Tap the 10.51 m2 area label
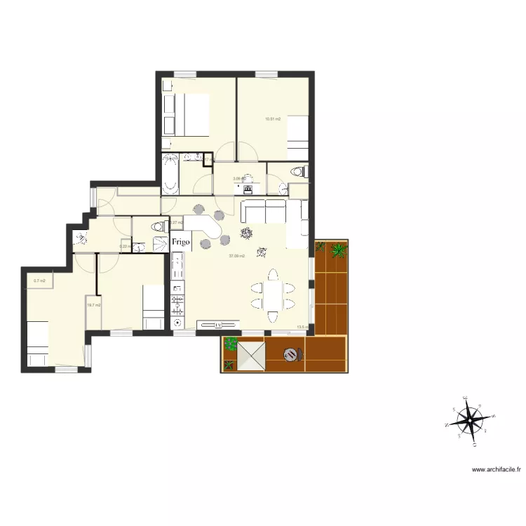pos(273,119)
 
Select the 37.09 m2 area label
pos(237,256)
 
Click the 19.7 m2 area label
pos(93,305)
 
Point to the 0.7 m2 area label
pos(39,281)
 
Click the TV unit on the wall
pos(218,325)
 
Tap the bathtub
pos(171,175)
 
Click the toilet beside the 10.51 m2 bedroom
pos(299,171)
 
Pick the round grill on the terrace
pos(292,354)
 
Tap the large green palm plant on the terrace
pos(339,250)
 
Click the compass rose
pos(469,423)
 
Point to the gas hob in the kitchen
pos(177,304)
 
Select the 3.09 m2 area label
pos(238,179)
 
